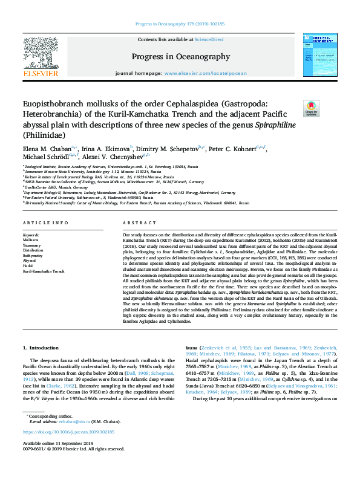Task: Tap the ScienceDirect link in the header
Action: point(209,39)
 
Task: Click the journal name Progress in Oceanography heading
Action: point(180,57)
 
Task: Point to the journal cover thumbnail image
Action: point(320,57)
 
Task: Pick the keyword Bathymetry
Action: point(33,256)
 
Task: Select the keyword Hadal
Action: point(28,266)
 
